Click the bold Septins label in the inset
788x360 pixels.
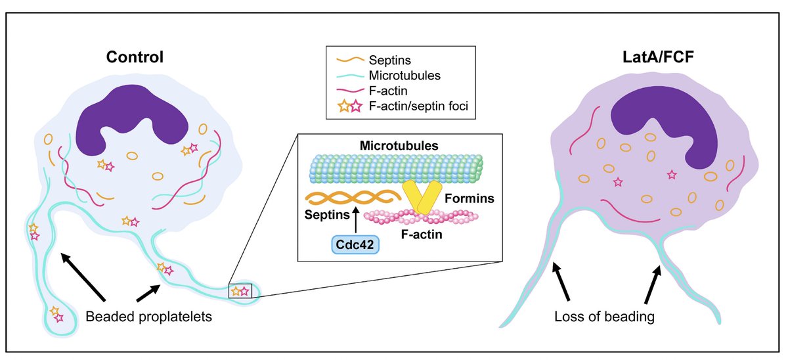click(327, 214)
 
